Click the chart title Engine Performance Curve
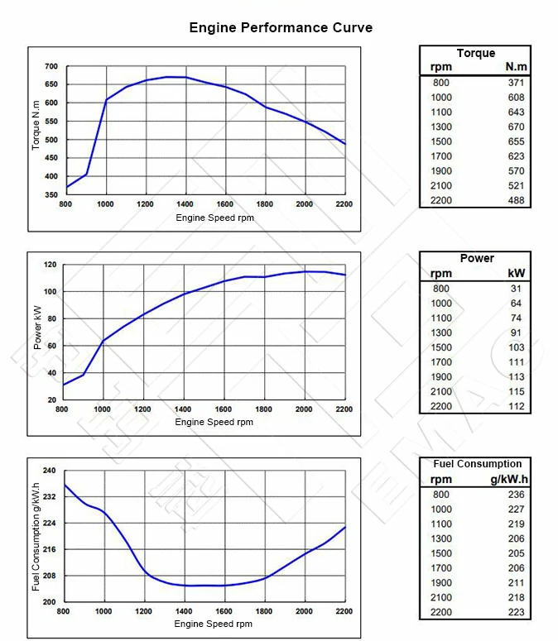click(x=281, y=28)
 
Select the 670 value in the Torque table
click(x=516, y=127)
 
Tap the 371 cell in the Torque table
click(x=516, y=83)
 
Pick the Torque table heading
click(x=475, y=54)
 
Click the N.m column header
click(x=516, y=67)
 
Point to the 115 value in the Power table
click(x=516, y=391)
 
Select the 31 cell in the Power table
click(x=518, y=289)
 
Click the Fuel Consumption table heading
click(x=477, y=464)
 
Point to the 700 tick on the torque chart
click(x=51, y=66)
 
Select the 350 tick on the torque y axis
click(x=51, y=195)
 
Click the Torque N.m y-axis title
click(x=36, y=130)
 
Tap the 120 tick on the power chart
click(x=50, y=265)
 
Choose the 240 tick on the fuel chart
click(x=49, y=471)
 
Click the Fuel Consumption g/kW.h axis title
click(x=36, y=536)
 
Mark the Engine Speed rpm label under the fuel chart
click(x=214, y=624)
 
